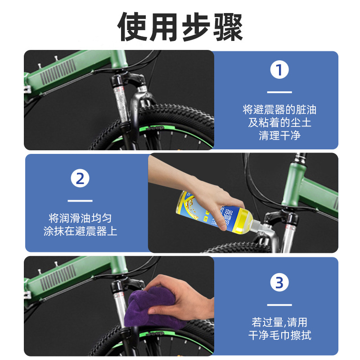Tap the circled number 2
pyautogui.click(x=80, y=179)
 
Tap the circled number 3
pyautogui.click(x=279, y=283)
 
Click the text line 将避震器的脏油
pyautogui.click(x=279, y=110)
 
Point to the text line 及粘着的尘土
pyautogui.click(x=279, y=122)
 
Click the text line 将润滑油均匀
pyautogui.click(x=80, y=218)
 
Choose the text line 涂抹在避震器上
pyautogui.click(x=80, y=231)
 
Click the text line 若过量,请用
pyautogui.click(x=279, y=322)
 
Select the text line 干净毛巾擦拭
pyautogui.click(x=279, y=335)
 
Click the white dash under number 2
pyautogui.click(x=80, y=200)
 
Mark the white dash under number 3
pyautogui.click(x=279, y=305)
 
